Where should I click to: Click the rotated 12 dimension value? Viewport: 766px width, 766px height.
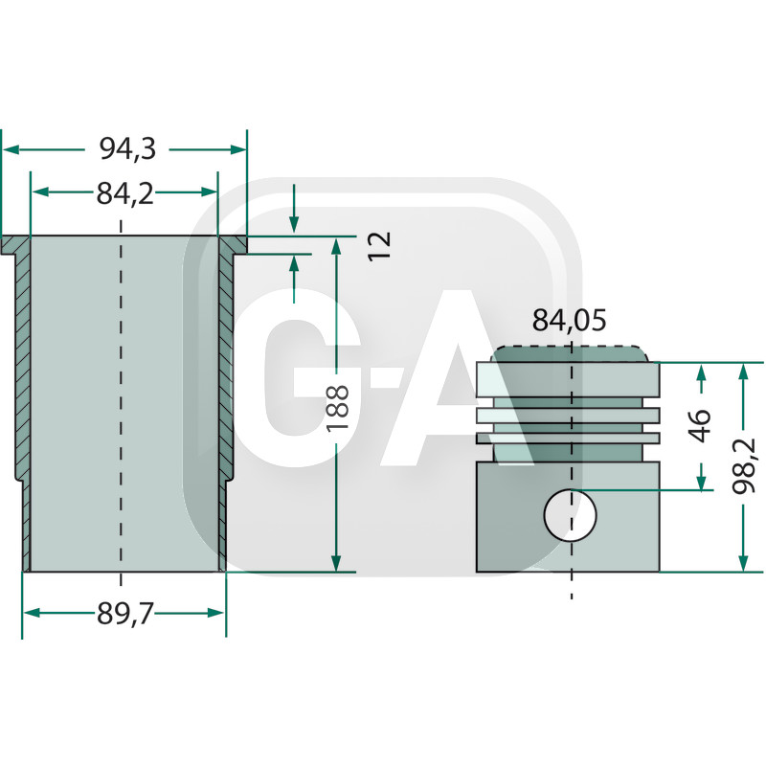[x=380, y=245]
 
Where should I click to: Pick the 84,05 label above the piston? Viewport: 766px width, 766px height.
[x=570, y=322]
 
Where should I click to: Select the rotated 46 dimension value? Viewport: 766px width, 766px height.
[x=702, y=425]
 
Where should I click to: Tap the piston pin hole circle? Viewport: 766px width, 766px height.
[x=570, y=516]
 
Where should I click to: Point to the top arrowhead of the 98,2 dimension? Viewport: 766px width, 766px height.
[x=743, y=372]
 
